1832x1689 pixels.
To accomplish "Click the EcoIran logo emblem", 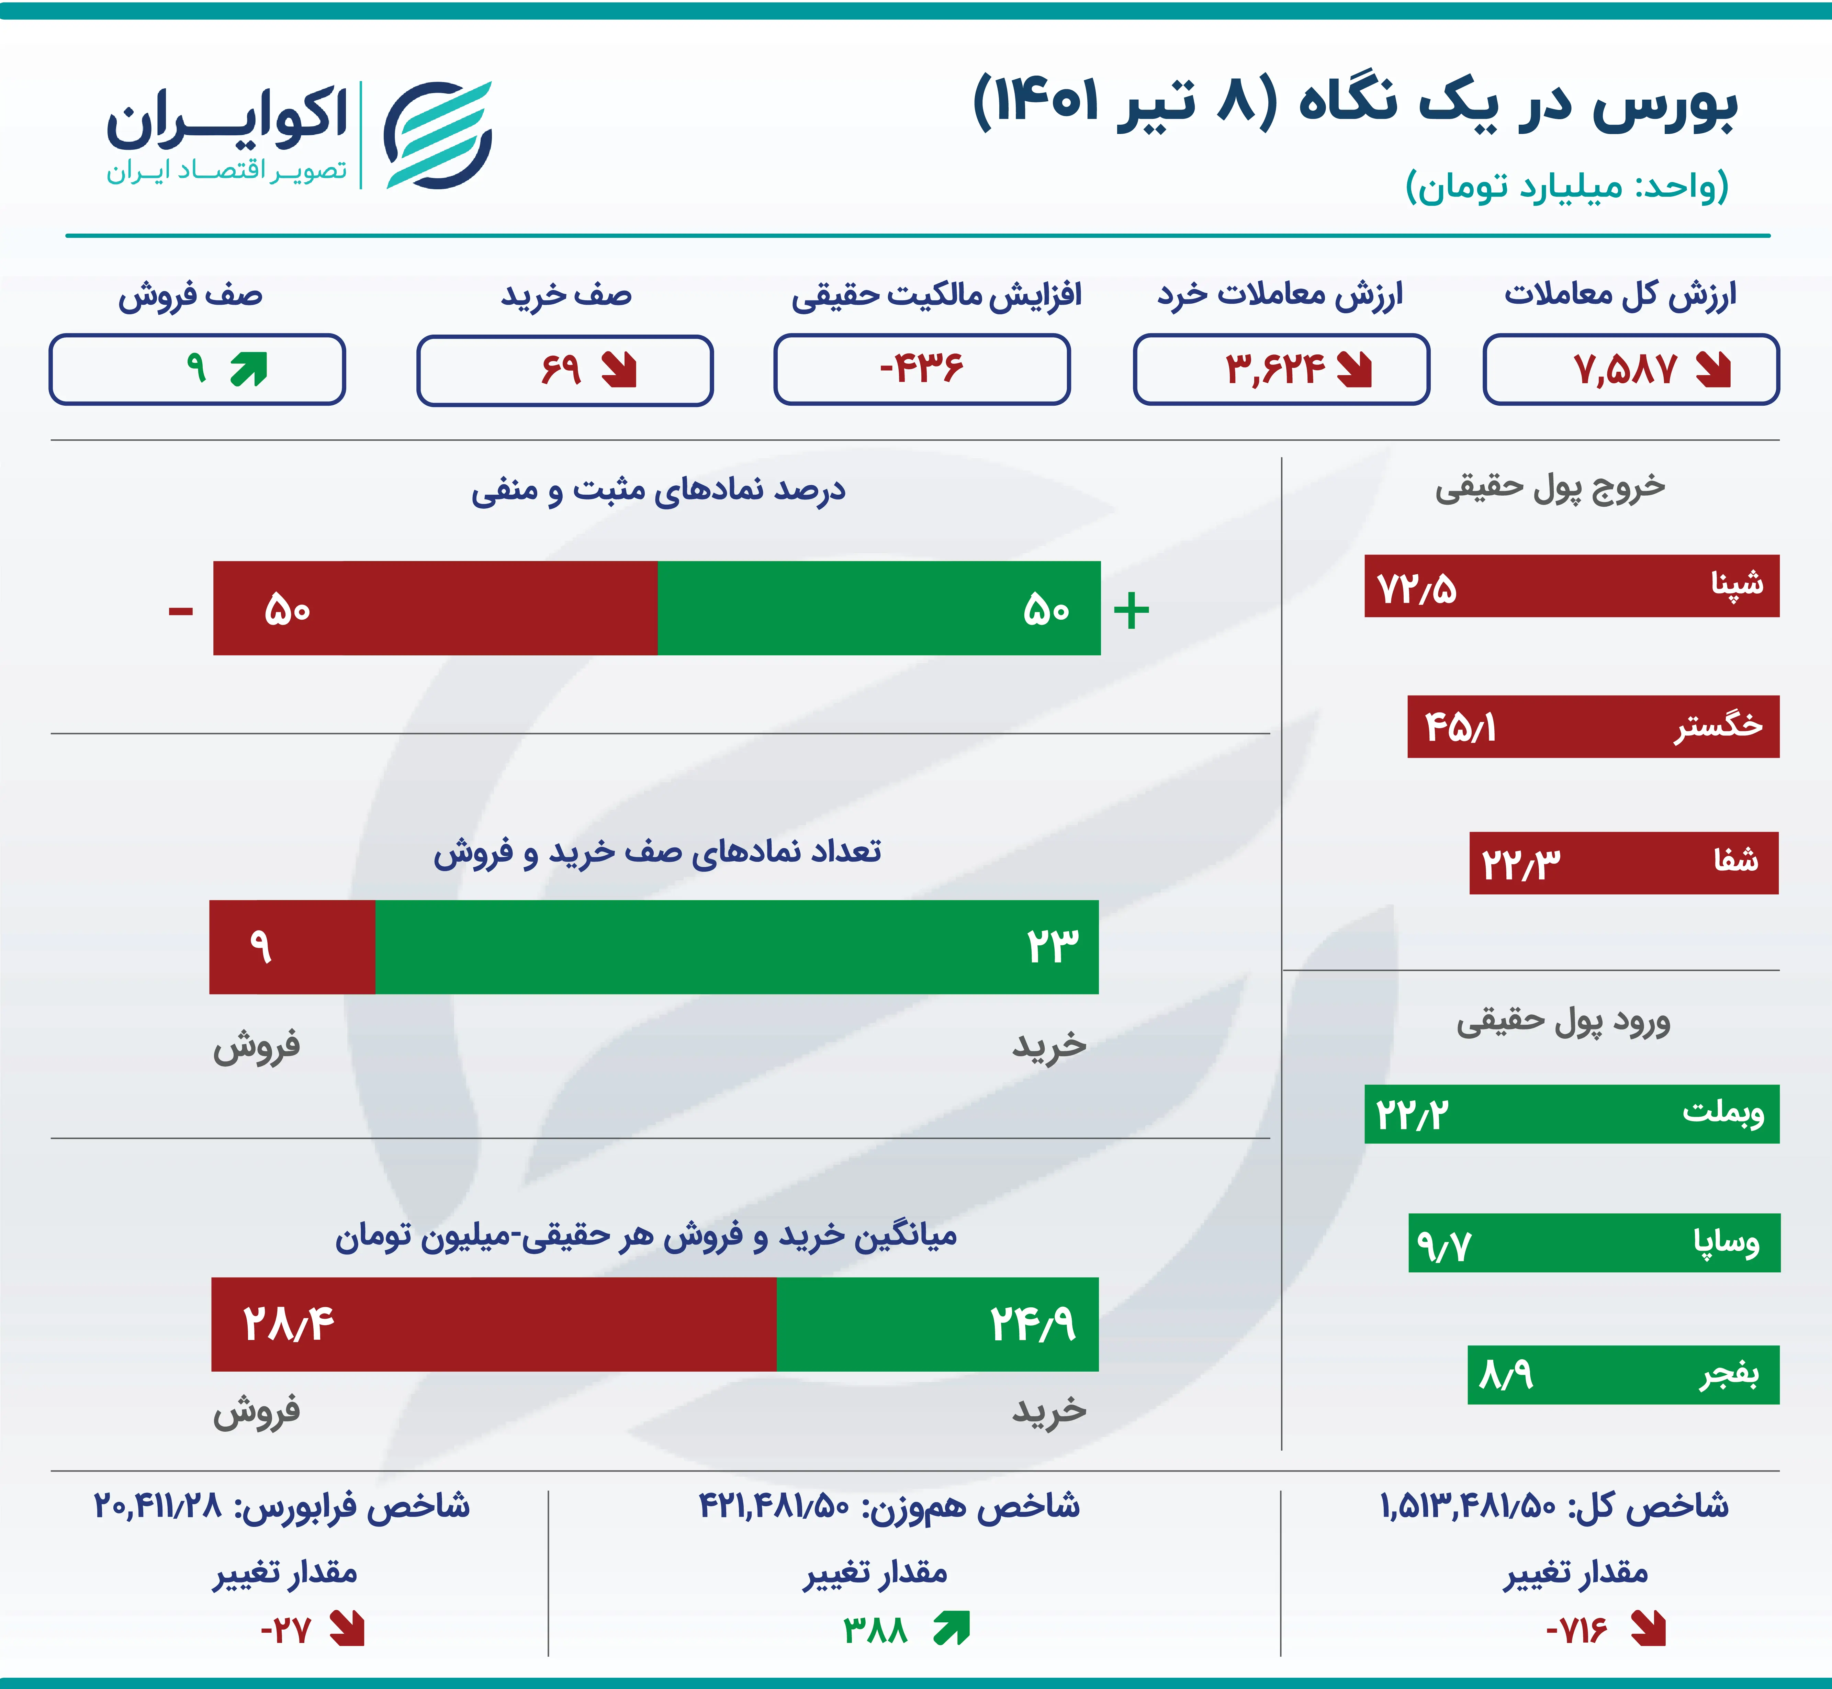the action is (x=438, y=135).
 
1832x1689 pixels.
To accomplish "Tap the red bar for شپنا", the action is (x=1572, y=586).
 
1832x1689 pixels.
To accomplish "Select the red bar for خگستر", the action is (x=1593, y=727).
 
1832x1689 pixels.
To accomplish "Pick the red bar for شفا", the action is (x=1623, y=863).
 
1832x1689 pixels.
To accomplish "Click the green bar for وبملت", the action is (x=1572, y=1114).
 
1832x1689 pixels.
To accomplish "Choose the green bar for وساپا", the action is (x=1594, y=1243).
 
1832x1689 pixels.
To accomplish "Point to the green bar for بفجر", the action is (x=1623, y=1375).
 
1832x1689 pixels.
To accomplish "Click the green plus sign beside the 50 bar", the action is (x=1132, y=610).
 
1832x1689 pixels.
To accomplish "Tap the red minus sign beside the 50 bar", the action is (x=181, y=611).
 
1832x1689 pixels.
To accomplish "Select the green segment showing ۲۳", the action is (x=737, y=947).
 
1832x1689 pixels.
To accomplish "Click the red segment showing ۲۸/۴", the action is (x=494, y=1324).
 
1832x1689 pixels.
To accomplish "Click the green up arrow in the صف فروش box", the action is (x=249, y=369).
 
